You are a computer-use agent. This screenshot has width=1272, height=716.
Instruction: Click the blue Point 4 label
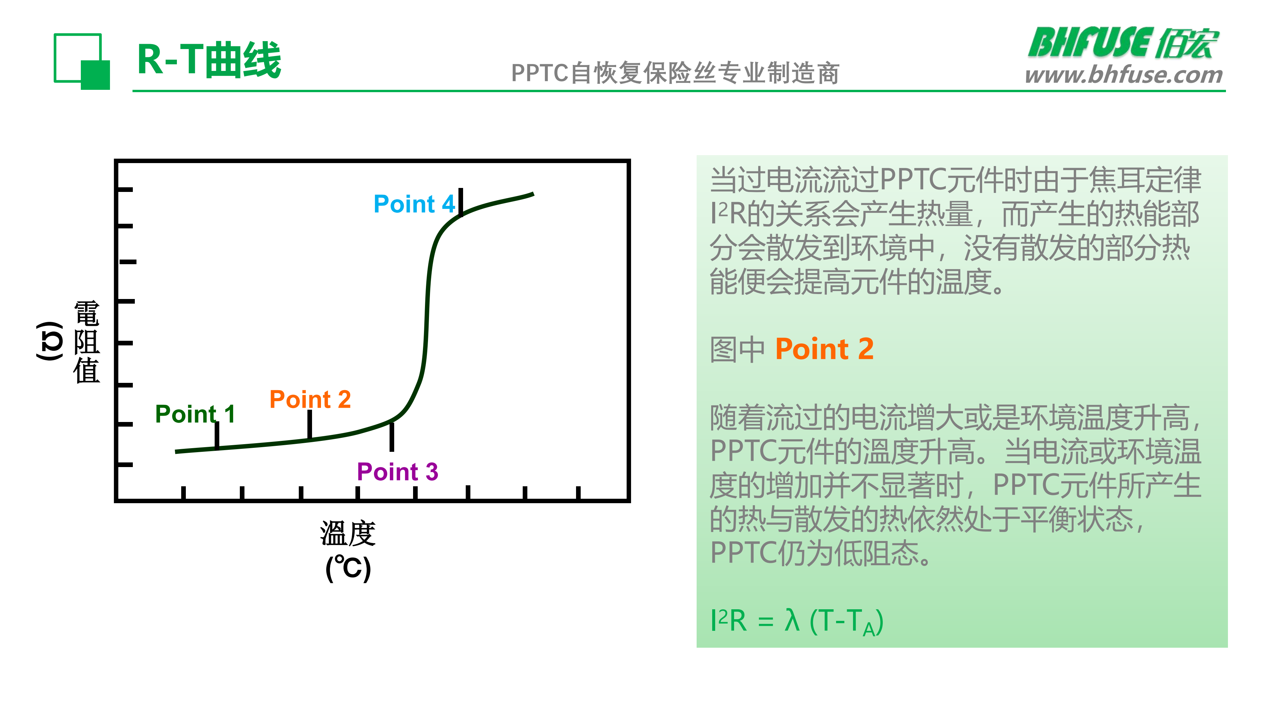click(x=414, y=204)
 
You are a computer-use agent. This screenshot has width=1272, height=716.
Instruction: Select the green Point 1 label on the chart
click(x=195, y=414)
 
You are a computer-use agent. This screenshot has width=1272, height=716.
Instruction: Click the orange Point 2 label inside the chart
click(x=310, y=399)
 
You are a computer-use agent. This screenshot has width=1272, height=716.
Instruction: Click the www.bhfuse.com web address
click(x=1124, y=75)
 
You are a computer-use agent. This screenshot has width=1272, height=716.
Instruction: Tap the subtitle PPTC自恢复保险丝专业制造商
click(x=675, y=73)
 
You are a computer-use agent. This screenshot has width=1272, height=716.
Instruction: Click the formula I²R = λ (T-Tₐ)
click(x=796, y=621)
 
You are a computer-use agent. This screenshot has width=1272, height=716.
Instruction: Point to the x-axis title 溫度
click(x=348, y=534)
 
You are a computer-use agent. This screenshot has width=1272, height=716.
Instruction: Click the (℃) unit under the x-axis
click(x=348, y=568)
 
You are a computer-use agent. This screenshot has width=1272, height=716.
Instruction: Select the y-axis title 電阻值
click(x=87, y=342)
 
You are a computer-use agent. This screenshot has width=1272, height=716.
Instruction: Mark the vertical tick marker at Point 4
click(x=461, y=202)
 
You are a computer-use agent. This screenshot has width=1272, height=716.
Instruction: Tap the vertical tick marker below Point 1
click(x=217, y=435)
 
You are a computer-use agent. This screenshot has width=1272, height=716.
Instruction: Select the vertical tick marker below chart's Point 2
click(x=310, y=424)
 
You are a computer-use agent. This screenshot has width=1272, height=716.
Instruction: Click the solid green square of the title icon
click(x=95, y=75)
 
